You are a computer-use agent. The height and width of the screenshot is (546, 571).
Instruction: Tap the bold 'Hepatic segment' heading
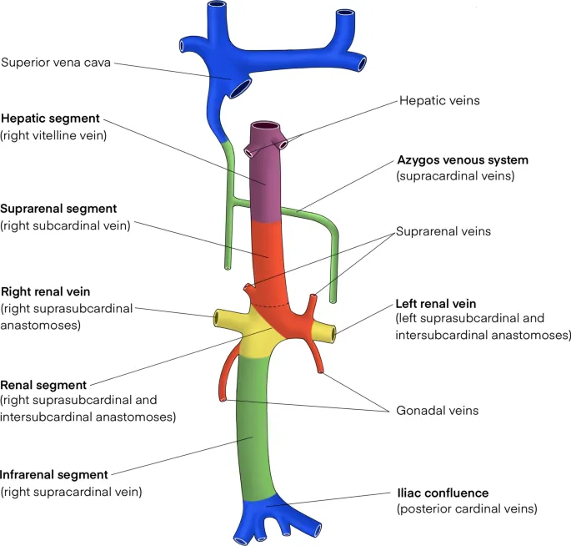point(51,119)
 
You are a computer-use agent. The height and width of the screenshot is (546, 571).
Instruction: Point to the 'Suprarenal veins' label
point(443,230)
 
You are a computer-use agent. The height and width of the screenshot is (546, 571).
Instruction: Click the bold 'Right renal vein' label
point(46,292)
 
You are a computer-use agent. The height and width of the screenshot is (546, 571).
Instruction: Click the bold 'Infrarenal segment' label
point(55,476)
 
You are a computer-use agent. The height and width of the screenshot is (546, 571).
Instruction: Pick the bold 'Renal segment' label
point(43,385)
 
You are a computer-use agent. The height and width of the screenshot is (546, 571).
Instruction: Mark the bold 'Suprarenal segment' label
point(58,209)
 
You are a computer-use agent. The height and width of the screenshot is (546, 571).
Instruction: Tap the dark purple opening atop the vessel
point(267,127)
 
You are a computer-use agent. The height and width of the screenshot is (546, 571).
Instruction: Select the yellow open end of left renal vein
point(333,335)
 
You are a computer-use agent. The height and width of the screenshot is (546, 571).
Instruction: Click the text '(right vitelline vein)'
point(53,134)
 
